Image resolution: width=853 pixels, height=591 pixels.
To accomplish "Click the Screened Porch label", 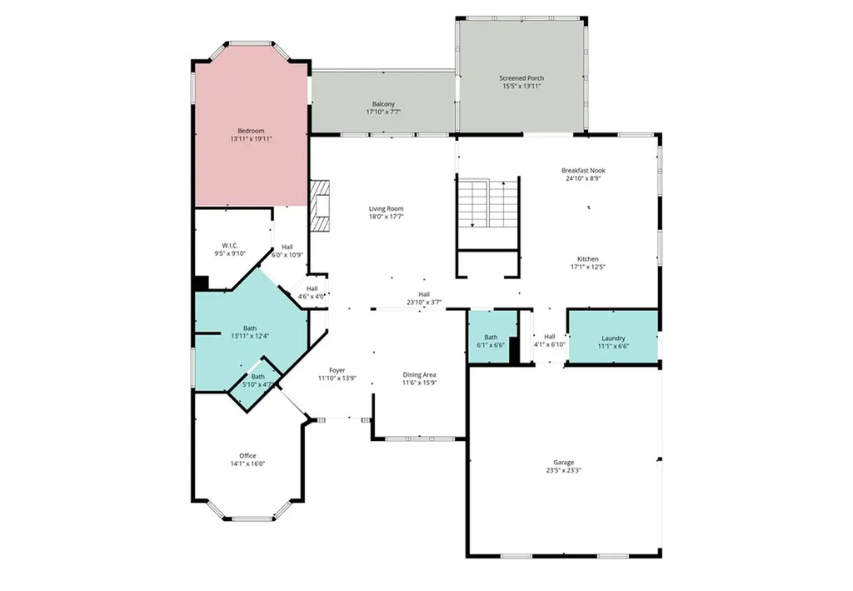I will (x=522, y=78).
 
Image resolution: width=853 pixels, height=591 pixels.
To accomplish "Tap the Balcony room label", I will (x=383, y=104).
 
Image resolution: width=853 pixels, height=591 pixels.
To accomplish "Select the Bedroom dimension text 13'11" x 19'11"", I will (x=251, y=139).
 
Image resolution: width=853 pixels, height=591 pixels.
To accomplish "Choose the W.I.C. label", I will (x=231, y=245).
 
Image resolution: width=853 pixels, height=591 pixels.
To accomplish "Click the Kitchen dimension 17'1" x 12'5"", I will (x=588, y=268).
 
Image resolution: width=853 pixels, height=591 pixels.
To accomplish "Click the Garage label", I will (x=564, y=462).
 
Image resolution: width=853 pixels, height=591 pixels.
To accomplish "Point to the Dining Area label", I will (x=419, y=374).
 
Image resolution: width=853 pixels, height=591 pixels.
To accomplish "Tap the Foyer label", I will (x=337, y=369).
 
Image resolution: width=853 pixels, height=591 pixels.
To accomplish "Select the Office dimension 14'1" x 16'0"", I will (x=247, y=463).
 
